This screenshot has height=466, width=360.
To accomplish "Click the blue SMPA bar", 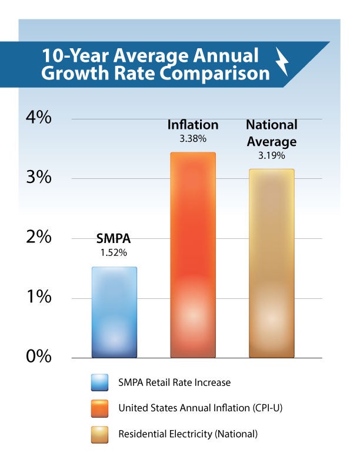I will pos(114,312).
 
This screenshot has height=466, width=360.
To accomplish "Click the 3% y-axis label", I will pos(39,178).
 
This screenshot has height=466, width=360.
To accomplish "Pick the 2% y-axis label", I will pos(39,238).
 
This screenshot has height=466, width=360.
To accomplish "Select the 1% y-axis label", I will pos(39,298).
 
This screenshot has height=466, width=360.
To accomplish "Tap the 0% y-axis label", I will pos(39,357).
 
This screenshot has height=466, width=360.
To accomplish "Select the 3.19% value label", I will pos(271,156).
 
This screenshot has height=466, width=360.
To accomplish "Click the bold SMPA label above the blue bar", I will pos(114,240).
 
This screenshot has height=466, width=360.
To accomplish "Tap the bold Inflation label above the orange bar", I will pos(193,125).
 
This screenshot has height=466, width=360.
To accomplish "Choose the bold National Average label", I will pos(271,133).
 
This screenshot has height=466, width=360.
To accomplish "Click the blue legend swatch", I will pos(101,382).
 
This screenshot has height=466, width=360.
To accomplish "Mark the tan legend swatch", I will pos(101,434).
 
